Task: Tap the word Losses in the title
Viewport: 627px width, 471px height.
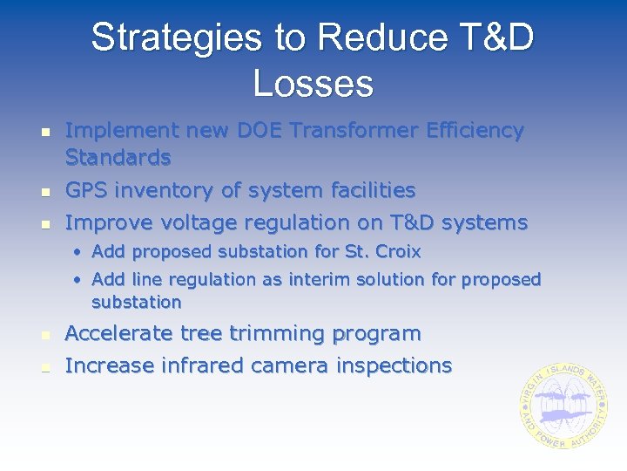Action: point(313,84)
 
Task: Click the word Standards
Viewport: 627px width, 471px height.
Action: point(118,158)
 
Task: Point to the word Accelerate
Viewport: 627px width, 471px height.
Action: point(119,334)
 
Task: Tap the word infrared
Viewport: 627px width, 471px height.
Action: point(200,365)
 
